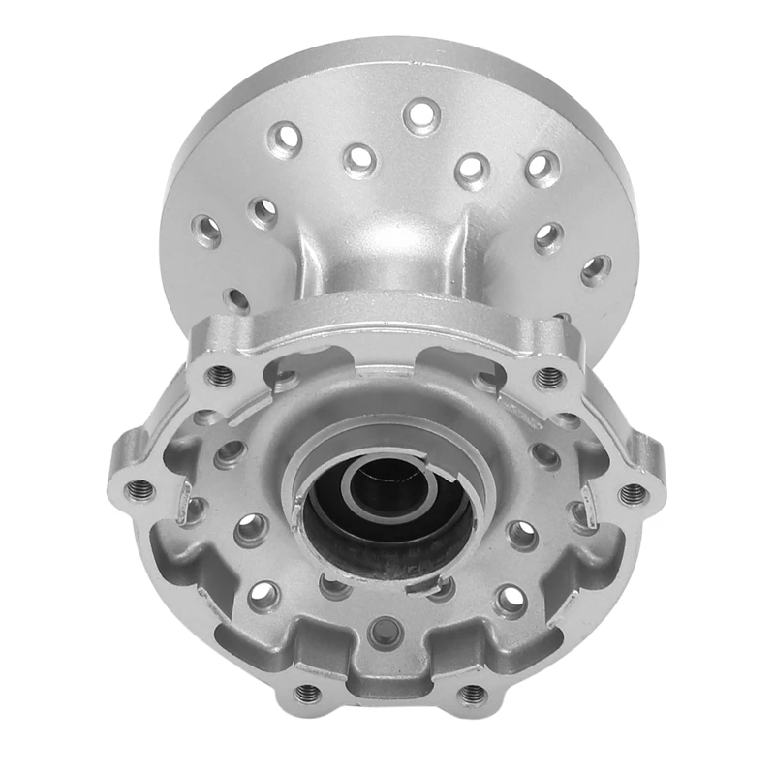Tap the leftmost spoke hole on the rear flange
pos(206,231)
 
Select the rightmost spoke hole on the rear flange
pos(597,269)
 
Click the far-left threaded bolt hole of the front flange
pos(139,488)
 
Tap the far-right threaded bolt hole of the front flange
pos(635,494)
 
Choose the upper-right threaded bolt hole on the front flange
pos(550,375)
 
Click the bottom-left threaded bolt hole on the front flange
pos(307,693)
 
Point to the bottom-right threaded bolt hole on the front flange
pos(472,694)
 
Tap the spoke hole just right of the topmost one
pos(473,169)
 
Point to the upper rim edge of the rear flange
pos(387,48)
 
